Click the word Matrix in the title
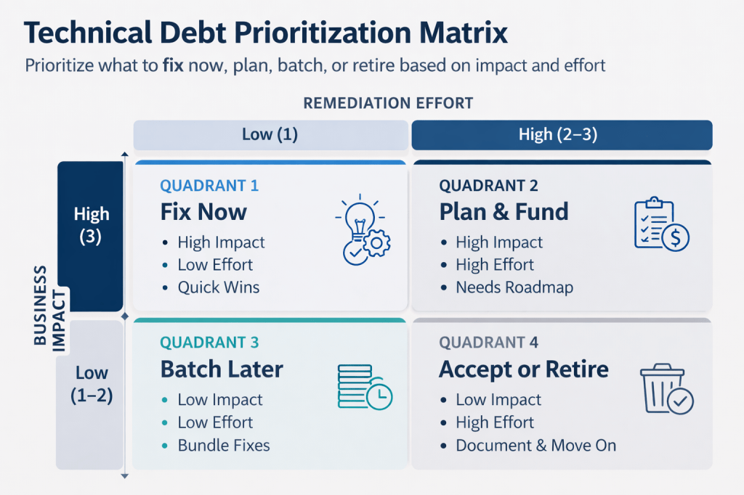463,33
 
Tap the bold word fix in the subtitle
173,65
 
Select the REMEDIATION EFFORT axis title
388,103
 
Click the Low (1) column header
270,135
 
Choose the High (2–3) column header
562,135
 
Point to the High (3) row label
91,225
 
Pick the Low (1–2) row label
92,384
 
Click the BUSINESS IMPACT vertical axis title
49,308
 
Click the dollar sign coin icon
676,237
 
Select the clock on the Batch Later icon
379,396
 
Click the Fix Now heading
203,212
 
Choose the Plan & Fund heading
504,212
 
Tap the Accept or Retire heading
524,369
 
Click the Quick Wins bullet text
219,287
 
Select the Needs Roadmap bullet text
514,287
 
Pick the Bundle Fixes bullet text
224,445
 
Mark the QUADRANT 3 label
209,343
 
